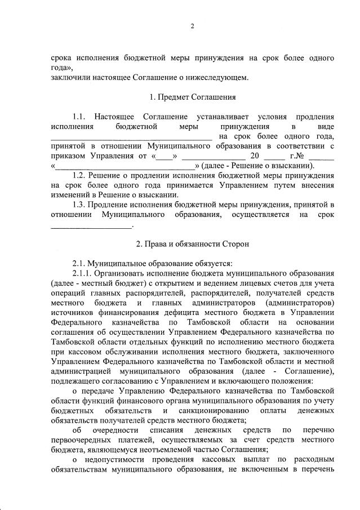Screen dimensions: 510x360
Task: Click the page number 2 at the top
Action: pyautogui.click(x=192, y=26)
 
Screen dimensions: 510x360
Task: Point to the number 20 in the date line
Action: pyautogui.click(x=254, y=156)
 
